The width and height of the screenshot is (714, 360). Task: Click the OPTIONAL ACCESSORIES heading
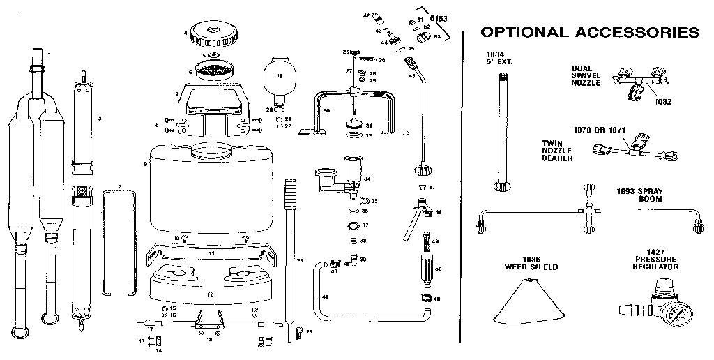(x=590, y=32)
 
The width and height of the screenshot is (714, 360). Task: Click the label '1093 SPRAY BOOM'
(x=639, y=195)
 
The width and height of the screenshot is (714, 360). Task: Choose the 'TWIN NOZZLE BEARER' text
(x=558, y=150)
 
